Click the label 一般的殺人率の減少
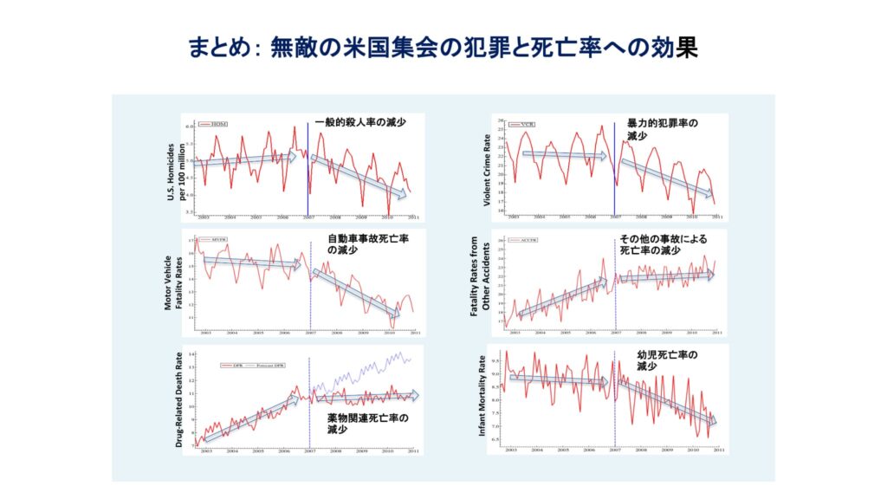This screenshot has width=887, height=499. point(359,122)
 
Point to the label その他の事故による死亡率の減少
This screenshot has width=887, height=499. point(665,244)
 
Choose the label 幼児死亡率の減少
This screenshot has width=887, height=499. point(666,360)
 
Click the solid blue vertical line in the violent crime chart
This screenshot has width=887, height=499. point(614,165)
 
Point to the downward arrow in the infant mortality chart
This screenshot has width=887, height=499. point(666,403)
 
